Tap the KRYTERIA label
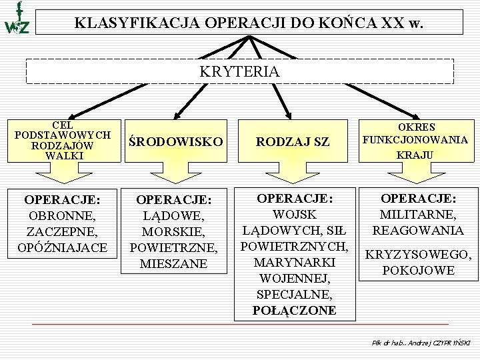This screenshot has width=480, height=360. pos(239,71)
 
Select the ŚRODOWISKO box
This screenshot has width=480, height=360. pos(175,141)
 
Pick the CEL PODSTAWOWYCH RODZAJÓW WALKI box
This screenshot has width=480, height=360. pos(63,140)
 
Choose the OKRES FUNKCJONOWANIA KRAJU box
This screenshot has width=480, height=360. pos(414,140)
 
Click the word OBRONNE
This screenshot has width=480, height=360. pos(62,216)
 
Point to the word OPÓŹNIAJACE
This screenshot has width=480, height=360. pos(62,248)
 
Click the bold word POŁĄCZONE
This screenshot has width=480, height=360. pos(294,310)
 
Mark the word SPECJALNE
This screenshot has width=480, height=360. pos(294,294)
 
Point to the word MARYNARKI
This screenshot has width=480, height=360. pos(294,262)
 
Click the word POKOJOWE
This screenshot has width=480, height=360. pos(418,271)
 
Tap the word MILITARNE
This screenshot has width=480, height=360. pos(418,215)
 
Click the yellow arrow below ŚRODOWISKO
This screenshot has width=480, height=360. pos(175,173)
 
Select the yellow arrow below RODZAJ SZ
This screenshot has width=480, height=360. pos(293,173)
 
